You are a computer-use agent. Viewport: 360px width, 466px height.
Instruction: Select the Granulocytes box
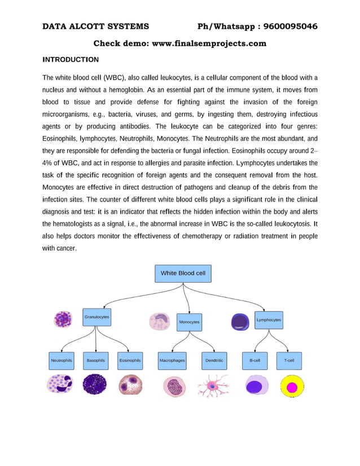(96, 317)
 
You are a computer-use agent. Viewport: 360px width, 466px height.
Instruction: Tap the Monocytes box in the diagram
(189, 322)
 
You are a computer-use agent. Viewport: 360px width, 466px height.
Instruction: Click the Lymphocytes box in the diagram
(269, 320)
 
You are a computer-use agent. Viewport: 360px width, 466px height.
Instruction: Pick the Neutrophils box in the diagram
(62, 360)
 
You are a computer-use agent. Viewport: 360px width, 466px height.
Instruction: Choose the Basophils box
(96, 360)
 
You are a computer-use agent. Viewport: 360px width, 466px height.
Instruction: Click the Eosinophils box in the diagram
(130, 360)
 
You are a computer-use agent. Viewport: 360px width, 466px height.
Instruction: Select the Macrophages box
(172, 360)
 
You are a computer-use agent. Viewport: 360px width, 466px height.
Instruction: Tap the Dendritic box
(214, 360)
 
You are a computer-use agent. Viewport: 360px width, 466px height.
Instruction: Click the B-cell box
(254, 360)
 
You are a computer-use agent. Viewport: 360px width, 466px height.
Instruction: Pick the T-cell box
(289, 360)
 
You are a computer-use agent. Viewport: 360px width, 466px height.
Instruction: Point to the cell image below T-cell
(291, 386)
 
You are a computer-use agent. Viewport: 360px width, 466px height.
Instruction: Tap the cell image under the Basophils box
(94, 385)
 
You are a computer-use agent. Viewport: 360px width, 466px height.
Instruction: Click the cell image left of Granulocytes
(62, 319)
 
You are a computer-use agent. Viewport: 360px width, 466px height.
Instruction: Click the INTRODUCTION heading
(71, 59)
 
